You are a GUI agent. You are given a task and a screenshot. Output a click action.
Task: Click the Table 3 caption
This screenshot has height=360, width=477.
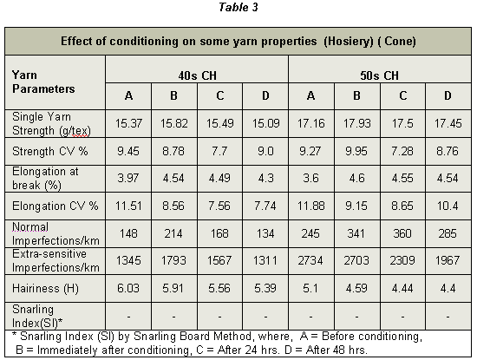[x=238, y=7]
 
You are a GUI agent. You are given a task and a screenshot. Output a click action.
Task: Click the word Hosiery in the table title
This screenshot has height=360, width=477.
[x=349, y=41]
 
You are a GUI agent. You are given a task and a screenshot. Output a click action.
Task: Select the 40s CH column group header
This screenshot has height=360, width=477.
[x=197, y=75]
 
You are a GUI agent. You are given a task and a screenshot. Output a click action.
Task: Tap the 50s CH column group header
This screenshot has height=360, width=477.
[x=379, y=75]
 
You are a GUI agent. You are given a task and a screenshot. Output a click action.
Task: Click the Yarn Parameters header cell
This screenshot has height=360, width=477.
[x=43, y=82]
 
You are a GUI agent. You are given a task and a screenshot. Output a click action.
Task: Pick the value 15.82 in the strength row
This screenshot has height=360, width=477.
[x=174, y=123]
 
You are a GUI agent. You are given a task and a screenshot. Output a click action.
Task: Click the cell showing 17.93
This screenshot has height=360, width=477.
[x=356, y=123]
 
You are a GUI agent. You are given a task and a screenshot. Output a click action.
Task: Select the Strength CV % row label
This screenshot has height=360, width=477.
[x=50, y=151]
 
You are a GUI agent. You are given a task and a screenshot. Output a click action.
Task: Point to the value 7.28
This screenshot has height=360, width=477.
[x=402, y=151]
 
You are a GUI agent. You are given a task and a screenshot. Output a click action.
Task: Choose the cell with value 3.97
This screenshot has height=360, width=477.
[x=128, y=178]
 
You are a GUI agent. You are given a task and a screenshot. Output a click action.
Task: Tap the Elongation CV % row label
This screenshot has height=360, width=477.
[x=56, y=206]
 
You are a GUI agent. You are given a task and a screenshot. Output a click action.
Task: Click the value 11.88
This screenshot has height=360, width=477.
[x=310, y=206]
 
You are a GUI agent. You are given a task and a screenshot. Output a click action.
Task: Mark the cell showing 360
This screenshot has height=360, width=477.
[x=402, y=233]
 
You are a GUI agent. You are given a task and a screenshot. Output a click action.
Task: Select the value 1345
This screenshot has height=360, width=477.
[x=128, y=260]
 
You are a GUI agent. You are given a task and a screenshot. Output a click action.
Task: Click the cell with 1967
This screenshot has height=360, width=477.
[x=448, y=260]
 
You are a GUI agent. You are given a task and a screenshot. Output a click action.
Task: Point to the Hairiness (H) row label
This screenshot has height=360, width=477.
[x=45, y=288]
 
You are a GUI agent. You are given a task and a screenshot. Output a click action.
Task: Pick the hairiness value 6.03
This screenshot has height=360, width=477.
[x=128, y=288]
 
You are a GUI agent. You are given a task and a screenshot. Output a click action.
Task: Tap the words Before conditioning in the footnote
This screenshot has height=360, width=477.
[x=371, y=337]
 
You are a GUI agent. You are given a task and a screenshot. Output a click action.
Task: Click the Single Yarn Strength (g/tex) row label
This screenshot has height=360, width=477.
[x=51, y=123]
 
